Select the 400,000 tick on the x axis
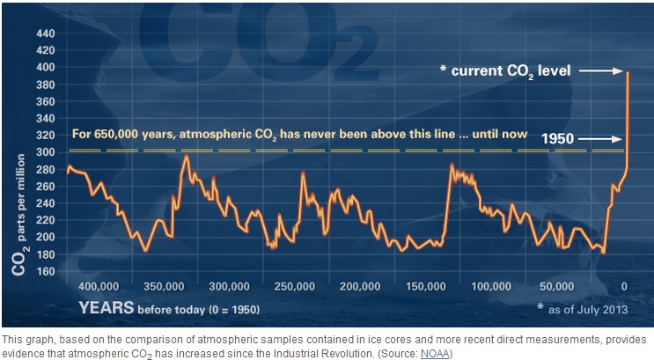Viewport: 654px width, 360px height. pyautogui.click(x=98, y=287)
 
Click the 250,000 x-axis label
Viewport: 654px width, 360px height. pyautogui.click(x=294, y=287)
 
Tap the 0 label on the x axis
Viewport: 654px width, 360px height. pyautogui.click(x=624, y=287)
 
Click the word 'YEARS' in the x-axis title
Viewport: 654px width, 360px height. pyautogui.click(x=107, y=307)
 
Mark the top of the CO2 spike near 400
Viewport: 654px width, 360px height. pyautogui.click(x=628, y=71)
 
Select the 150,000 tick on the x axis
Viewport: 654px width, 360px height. pyautogui.click(x=425, y=287)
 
